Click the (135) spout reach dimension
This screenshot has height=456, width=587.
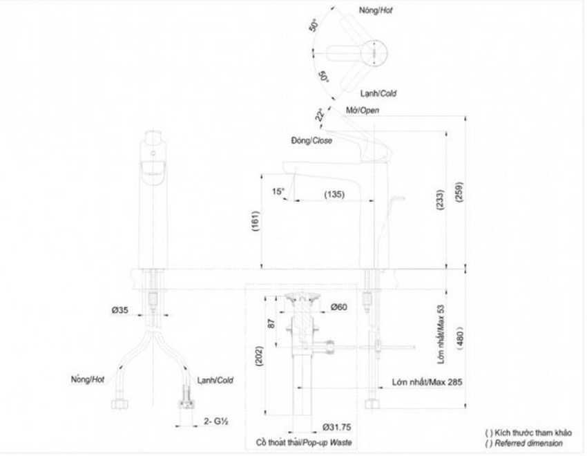click(x=334, y=194)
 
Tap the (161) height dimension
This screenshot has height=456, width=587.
click(x=256, y=221)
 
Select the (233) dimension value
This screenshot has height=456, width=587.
click(x=441, y=200)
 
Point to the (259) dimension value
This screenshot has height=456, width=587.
click(x=459, y=192)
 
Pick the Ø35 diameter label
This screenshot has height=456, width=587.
click(x=119, y=310)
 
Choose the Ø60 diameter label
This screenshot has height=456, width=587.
click(x=339, y=307)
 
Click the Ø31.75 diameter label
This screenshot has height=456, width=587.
click(x=337, y=427)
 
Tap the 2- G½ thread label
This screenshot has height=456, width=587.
click(x=216, y=421)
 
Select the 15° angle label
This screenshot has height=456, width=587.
click(x=278, y=191)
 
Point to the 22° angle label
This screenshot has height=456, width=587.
click(x=319, y=115)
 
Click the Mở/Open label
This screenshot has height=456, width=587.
click(x=363, y=111)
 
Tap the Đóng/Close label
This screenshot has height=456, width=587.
click(x=311, y=141)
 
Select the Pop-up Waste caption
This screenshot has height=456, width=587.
click(x=327, y=442)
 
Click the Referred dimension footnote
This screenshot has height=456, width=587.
click(x=524, y=444)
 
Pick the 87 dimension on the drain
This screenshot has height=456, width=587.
click(x=272, y=323)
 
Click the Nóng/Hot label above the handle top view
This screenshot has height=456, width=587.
click(x=376, y=10)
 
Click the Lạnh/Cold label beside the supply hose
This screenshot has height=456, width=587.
click(x=215, y=381)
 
